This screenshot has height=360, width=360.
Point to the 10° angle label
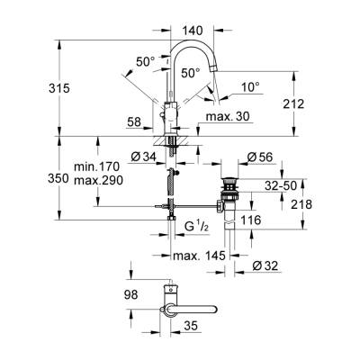coord(250,87)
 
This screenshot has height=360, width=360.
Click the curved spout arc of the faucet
coord(202,46)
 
